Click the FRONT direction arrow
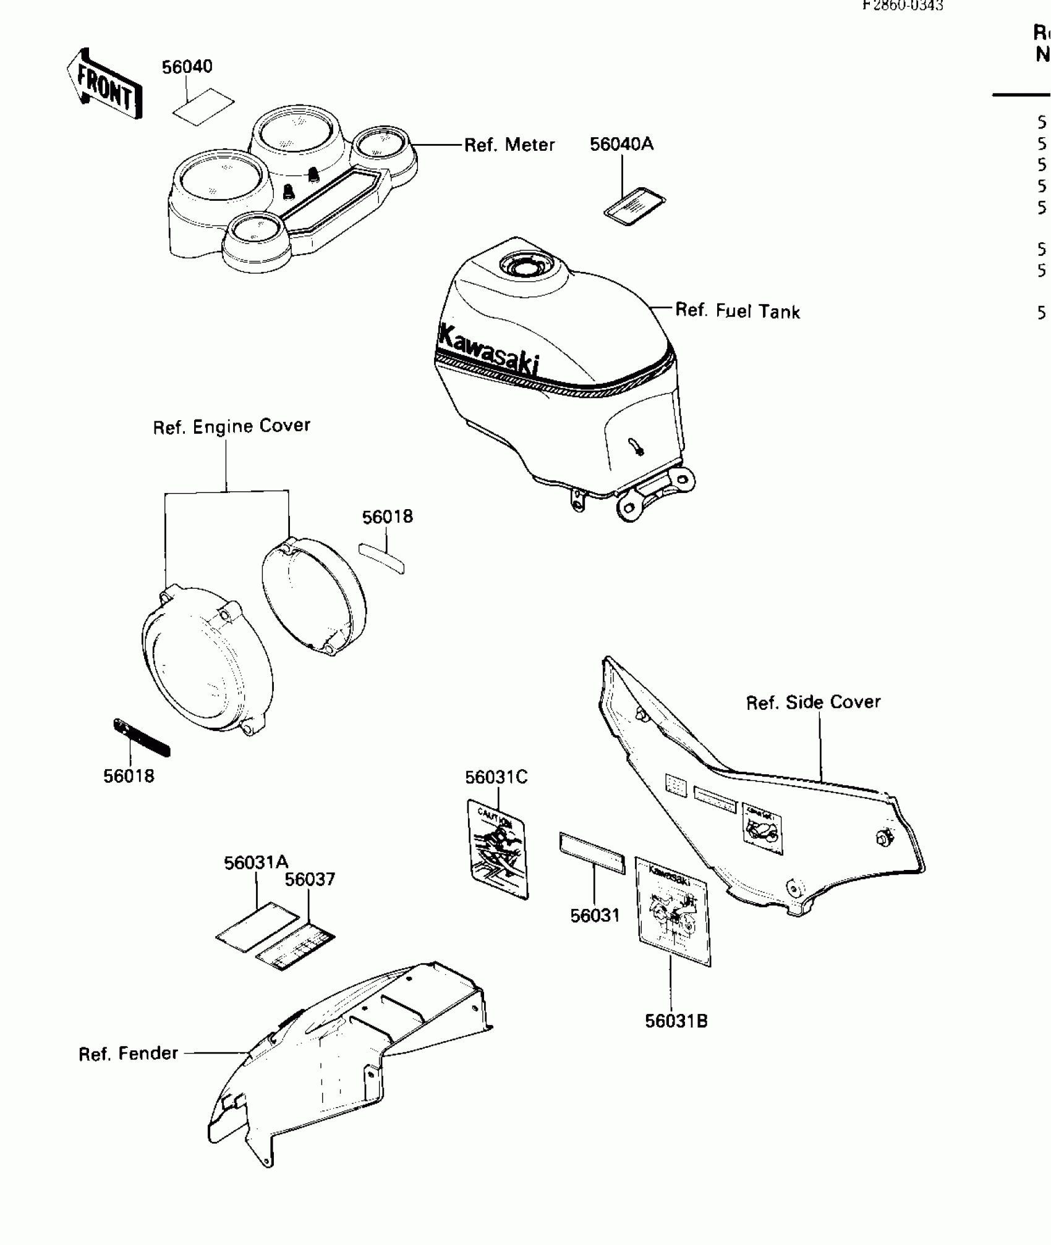[x=104, y=83]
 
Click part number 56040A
[x=621, y=145]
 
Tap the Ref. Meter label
[x=509, y=145]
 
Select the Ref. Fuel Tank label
[x=737, y=311]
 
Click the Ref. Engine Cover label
[x=231, y=426]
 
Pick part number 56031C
[x=496, y=777]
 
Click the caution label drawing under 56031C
[x=498, y=849]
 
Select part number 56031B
[x=676, y=1021]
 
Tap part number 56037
[x=310, y=880]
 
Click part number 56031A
[x=256, y=863]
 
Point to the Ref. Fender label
[x=128, y=1053]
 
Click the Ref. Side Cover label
[x=813, y=703]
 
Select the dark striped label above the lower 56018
[x=142, y=738]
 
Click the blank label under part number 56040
[x=203, y=106]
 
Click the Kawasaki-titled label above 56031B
[x=673, y=911]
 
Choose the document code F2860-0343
[x=903, y=6]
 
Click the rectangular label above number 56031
[x=592, y=853]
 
